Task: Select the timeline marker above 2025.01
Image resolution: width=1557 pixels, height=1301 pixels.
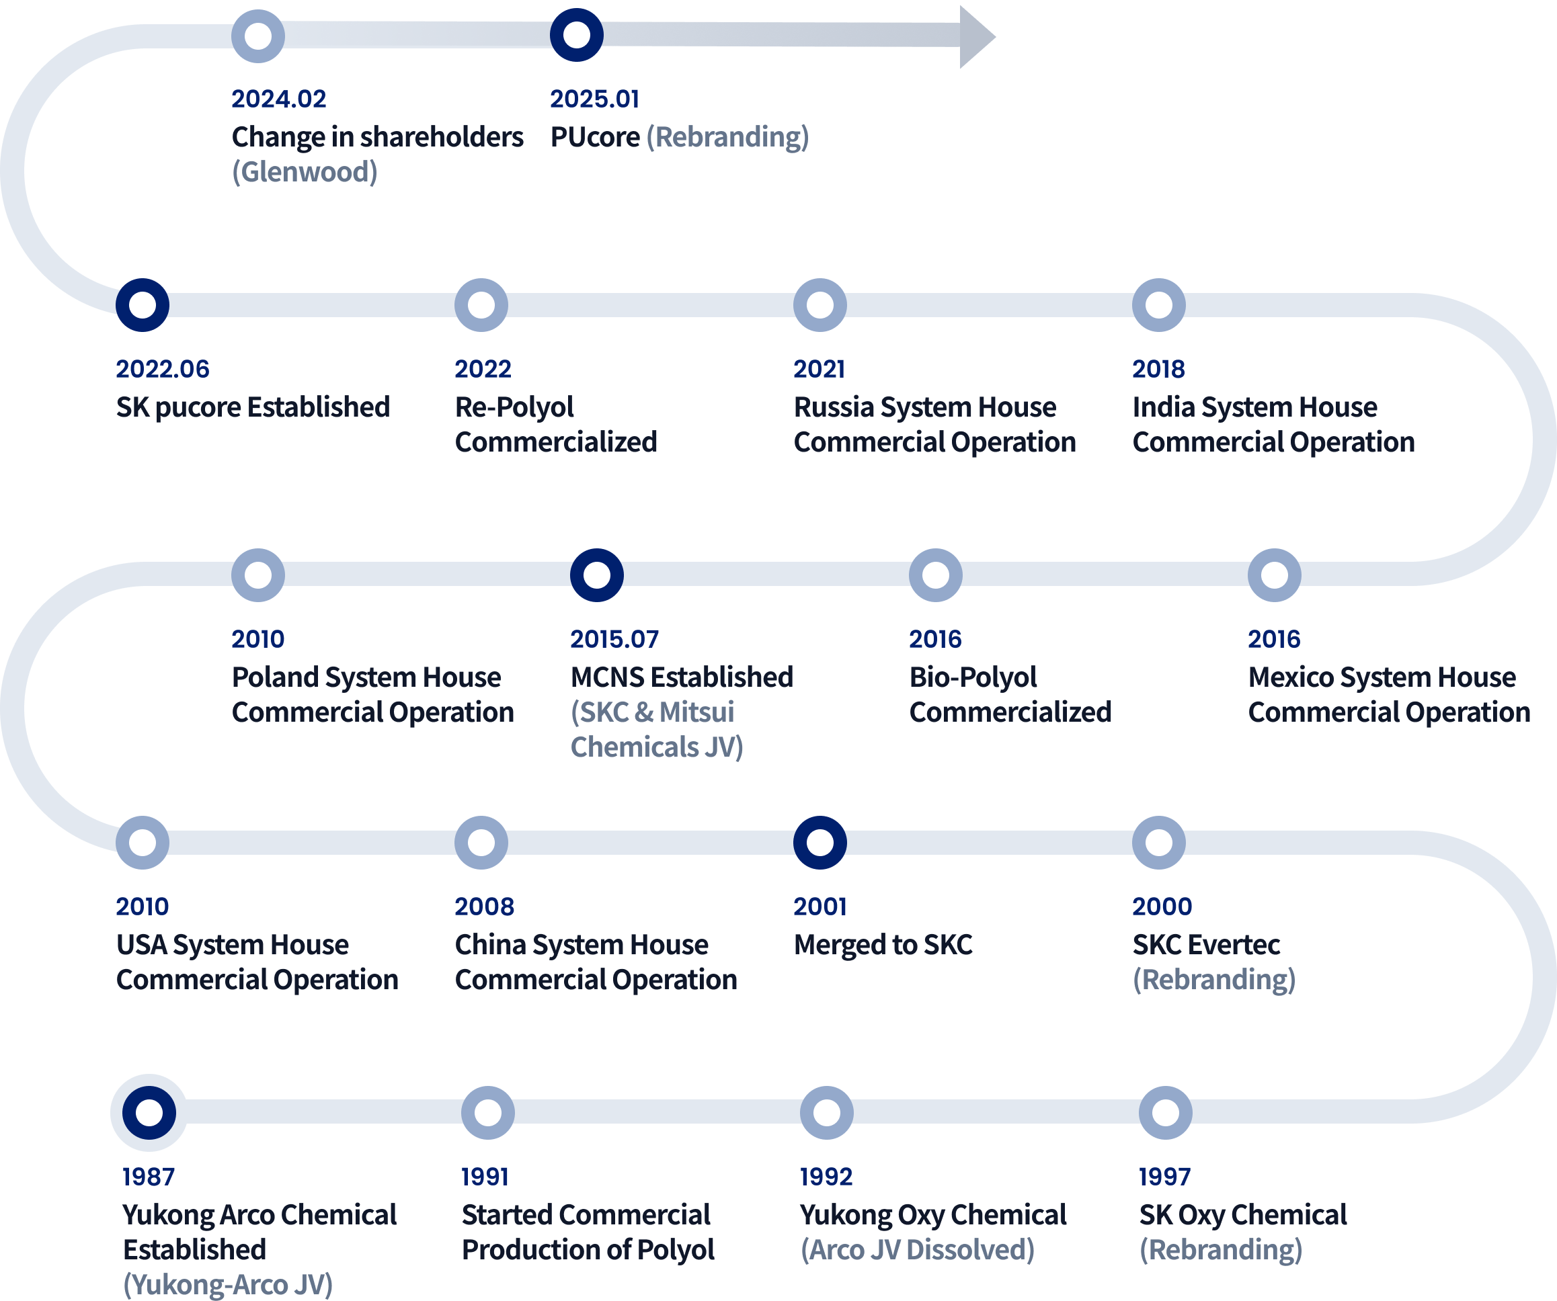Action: (576, 35)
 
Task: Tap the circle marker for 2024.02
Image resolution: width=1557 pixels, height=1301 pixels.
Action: (258, 36)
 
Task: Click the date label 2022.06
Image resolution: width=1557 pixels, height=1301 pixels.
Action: (163, 368)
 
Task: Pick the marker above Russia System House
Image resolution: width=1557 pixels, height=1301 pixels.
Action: (820, 304)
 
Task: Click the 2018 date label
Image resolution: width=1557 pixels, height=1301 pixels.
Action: (1158, 368)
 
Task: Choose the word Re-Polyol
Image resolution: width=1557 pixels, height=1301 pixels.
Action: (514, 407)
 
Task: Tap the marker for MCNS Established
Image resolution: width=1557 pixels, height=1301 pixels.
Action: (597, 575)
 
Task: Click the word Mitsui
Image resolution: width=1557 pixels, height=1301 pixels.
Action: (696, 712)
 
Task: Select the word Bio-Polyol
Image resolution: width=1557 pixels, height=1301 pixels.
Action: (973, 677)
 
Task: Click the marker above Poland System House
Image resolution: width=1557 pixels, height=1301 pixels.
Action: (258, 575)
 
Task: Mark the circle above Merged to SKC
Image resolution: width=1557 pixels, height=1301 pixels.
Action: (820, 842)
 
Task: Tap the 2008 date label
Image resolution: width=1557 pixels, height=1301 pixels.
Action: (484, 906)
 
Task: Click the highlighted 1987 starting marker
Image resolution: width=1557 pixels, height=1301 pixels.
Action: (149, 1113)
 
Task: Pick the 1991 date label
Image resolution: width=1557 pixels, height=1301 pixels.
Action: (485, 1177)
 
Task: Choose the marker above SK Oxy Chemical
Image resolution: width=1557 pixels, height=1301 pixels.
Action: (1166, 1113)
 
